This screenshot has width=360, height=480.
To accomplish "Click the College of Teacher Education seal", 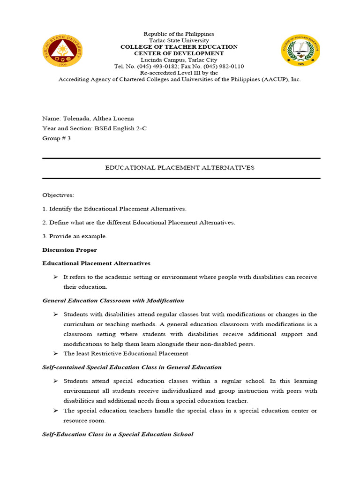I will (x=300, y=52).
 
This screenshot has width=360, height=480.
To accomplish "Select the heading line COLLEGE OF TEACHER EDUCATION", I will (x=179, y=47).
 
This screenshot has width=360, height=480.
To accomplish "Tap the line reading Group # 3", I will (x=56, y=138).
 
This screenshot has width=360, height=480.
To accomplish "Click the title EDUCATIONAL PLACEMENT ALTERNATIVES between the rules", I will (x=180, y=168).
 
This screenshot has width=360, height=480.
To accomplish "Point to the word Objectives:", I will (x=58, y=195).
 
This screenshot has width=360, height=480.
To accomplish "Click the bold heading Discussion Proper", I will (x=70, y=250).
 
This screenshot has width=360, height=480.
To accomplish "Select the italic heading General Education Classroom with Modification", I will (x=113, y=300).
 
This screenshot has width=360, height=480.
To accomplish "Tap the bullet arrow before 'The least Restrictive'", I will (x=55, y=353).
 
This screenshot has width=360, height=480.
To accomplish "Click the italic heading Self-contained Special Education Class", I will (x=132, y=367).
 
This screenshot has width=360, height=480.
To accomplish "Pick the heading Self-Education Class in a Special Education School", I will (x=118, y=434).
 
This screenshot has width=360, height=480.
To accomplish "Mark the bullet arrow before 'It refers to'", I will (x=55, y=277).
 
